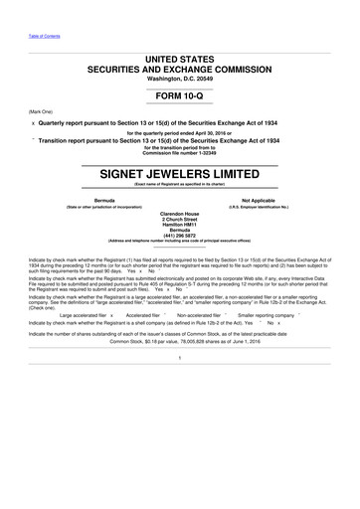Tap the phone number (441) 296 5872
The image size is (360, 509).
(180, 251)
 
